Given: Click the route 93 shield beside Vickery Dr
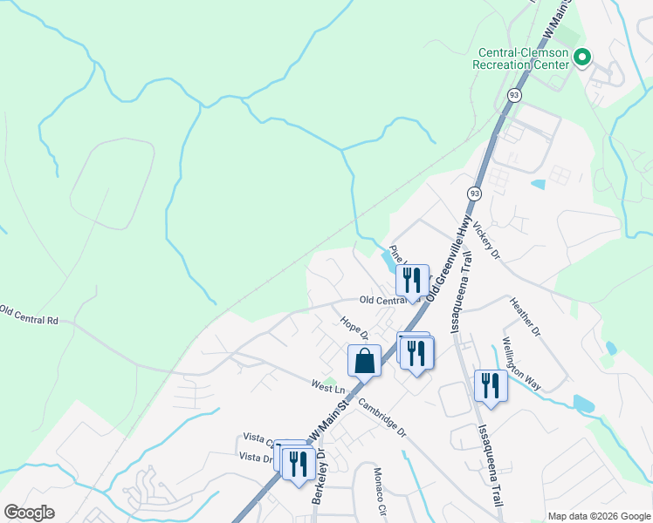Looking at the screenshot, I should point(474,193).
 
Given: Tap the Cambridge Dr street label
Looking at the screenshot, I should point(382,418).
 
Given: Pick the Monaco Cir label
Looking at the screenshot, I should point(380,493).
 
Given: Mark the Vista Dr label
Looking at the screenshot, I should point(255,457).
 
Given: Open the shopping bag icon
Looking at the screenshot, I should point(364,361).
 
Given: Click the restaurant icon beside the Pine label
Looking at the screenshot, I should point(412,280).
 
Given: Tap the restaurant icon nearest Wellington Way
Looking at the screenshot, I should point(491,386).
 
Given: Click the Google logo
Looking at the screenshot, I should point(29,513).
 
